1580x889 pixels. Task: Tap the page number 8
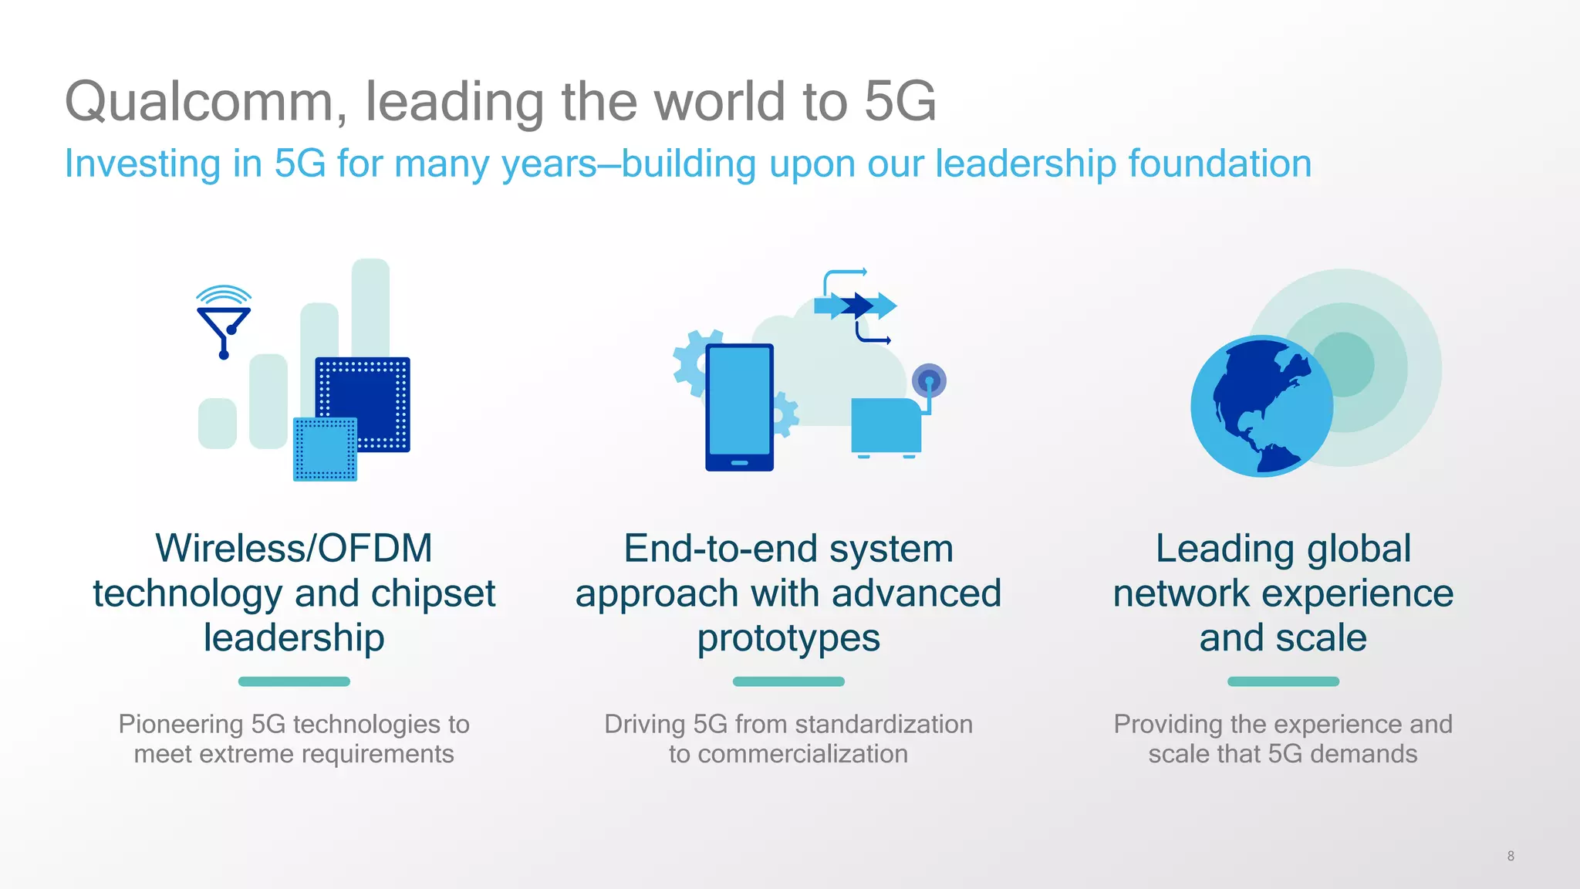click(x=1510, y=856)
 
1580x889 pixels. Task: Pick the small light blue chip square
click(x=325, y=449)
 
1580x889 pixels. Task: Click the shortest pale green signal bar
click(x=218, y=423)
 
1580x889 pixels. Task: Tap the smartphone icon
click(x=739, y=407)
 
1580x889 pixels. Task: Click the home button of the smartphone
click(x=739, y=463)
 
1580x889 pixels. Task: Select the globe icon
click(x=1261, y=406)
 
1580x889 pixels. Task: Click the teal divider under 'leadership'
click(x=294, y=681)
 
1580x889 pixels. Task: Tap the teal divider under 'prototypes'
click(x=788, y=681)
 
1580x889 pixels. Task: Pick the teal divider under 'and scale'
click(x=1283, y=681)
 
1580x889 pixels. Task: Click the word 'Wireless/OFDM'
click(x=294, y=549)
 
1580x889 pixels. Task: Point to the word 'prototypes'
click(x=788, y=638)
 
